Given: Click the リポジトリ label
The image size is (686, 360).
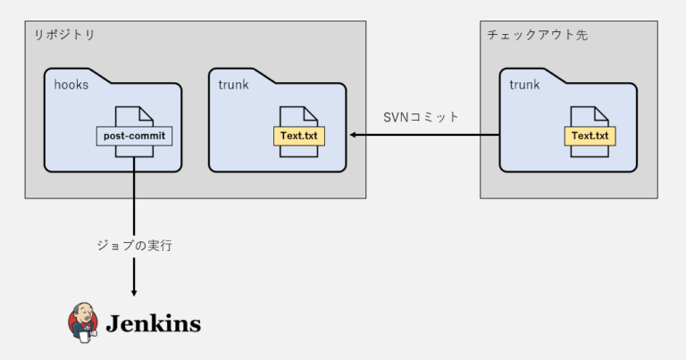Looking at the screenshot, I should (63, 36).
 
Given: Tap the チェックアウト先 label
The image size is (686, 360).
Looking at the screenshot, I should (536, 36).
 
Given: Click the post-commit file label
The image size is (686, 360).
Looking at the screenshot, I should (134, 137).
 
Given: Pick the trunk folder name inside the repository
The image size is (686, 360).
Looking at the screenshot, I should (233, 85).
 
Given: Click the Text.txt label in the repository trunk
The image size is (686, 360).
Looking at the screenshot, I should (300, 136).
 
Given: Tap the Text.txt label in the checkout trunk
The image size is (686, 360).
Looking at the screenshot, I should (590, 136).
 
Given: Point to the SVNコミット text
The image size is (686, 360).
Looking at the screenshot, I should (420, 117).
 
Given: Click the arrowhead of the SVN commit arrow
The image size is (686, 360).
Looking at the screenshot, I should (354, 135).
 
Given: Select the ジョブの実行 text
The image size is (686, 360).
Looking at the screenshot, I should (134, 245).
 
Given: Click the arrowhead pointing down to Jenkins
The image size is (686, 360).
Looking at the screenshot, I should (134, 291).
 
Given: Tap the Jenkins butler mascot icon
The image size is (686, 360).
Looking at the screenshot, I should (82, 322).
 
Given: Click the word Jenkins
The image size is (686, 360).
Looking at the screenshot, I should (154, 323).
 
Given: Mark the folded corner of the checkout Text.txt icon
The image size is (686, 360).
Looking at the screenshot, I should (605, 113).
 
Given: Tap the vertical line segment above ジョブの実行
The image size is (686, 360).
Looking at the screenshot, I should (134, 197).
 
